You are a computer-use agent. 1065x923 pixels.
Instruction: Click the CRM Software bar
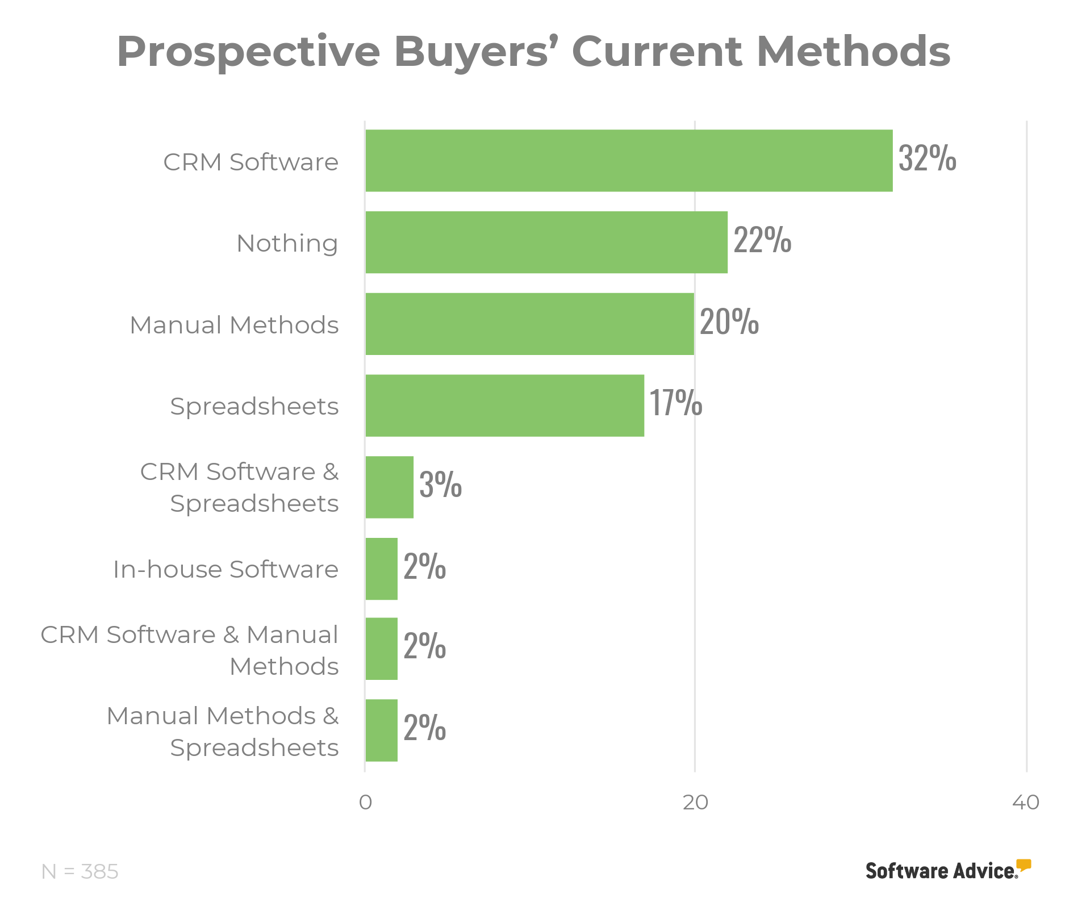click(x=629, y=161)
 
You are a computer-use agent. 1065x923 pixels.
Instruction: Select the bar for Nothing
click(x=546, y=243)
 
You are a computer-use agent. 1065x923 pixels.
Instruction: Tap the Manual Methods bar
click(x=529, y=324)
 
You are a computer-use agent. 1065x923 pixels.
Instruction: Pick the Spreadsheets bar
click(x=504, y=406)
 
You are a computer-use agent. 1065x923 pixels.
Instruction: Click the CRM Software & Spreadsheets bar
click(x=389, y=487)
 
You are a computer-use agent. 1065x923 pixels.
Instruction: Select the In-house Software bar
click(x=381, y=569)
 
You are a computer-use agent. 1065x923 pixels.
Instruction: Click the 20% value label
click(x=729, y=321)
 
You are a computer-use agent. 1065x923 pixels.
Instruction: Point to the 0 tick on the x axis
click(x=365, y=803)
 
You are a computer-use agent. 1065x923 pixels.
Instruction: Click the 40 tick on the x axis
click(x=1026, y=803)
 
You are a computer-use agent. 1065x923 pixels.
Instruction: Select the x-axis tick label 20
click(x=695, y=803)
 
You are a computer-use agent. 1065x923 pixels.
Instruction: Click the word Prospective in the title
click(x=248, y=52)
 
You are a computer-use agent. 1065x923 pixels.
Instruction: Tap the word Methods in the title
click(x=853, y=51)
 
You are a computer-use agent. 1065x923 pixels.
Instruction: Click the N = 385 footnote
click(x=80, y=871)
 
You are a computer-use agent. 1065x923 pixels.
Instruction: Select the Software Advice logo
click(x=947, y=870)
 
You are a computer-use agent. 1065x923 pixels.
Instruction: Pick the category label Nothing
click(x=287, y=244)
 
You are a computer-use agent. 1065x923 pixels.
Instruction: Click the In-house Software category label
click(x=225, y=569)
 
